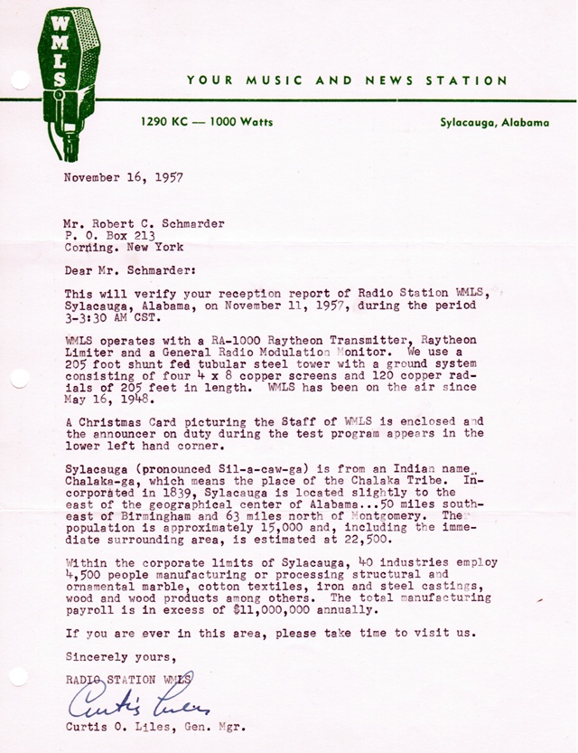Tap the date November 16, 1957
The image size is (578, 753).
tap(124, 177)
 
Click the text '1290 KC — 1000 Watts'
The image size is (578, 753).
tap(206, 122)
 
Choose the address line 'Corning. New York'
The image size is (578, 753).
tap(124, 247)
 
